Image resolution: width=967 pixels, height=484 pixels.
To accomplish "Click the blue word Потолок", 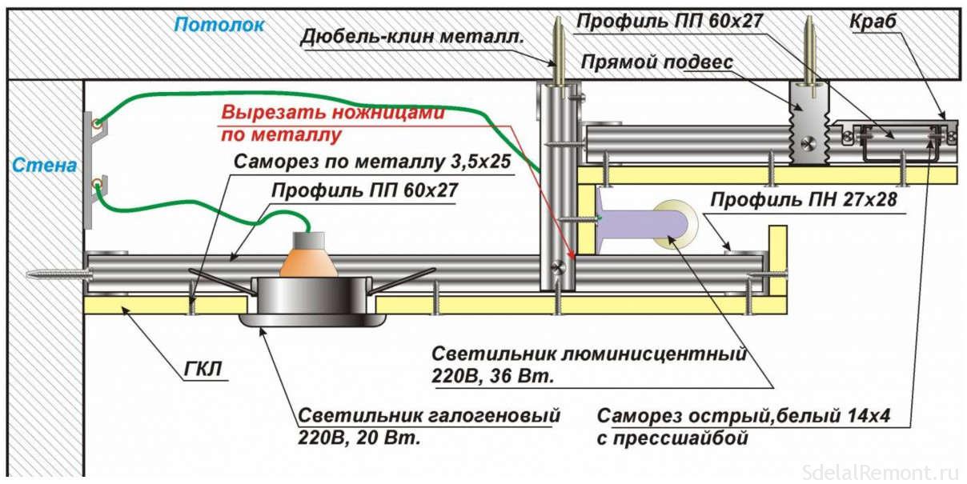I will click(219, 25).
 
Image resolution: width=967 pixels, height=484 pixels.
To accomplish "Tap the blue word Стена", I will click(45, 166).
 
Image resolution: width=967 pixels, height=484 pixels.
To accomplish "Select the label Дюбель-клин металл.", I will click(412, 36).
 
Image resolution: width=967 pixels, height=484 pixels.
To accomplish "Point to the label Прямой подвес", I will click(657, 62).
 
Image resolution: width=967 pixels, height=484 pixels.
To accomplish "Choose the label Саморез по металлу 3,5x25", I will click(371, 162).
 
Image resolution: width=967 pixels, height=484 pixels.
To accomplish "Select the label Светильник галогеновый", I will click(428, 417).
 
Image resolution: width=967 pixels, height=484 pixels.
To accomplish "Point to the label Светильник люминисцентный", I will click(588, 354).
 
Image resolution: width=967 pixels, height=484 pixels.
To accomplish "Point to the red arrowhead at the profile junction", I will click(571, 258).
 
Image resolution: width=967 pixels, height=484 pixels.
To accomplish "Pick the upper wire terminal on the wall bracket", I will click(97, 122).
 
